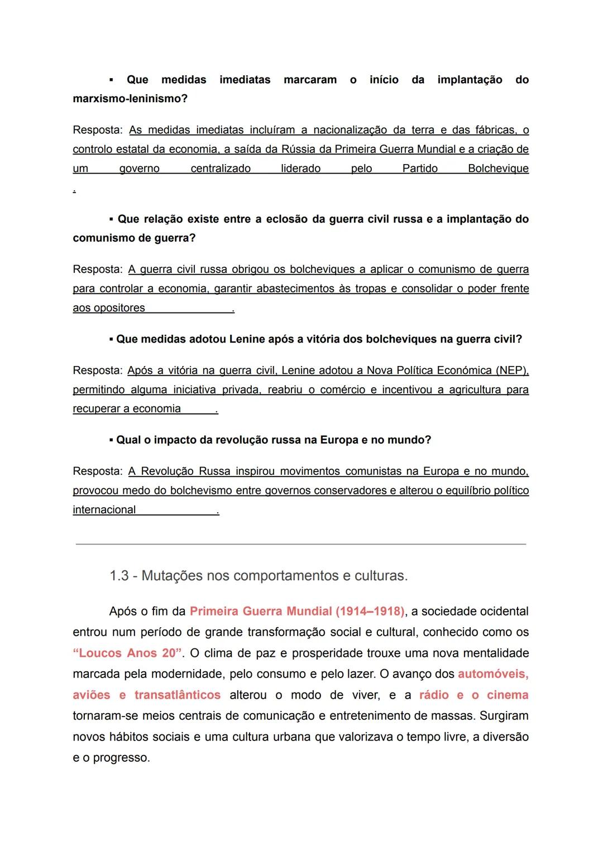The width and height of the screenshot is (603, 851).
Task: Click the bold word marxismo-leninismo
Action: [x=130, y=99]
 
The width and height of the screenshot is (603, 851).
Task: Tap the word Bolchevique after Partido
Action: [x=498, y=169]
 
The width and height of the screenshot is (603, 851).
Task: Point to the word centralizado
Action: [x=221, y=169]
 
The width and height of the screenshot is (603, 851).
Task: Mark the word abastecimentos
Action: [x=294, y=289]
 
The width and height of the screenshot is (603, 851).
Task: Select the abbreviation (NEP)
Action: [x=512, y=371]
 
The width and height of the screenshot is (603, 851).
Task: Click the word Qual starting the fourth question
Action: [x=129, y=440]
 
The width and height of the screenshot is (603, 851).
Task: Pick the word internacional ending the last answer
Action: [x=104, y=510]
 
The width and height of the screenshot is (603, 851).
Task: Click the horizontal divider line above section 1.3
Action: [x=301, y=544]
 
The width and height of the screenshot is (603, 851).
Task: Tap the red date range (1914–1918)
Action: [x=370, y=612]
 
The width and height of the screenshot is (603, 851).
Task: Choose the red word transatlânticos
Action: [x=178, y=695]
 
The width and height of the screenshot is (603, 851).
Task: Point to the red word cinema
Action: [x=508, y=695]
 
